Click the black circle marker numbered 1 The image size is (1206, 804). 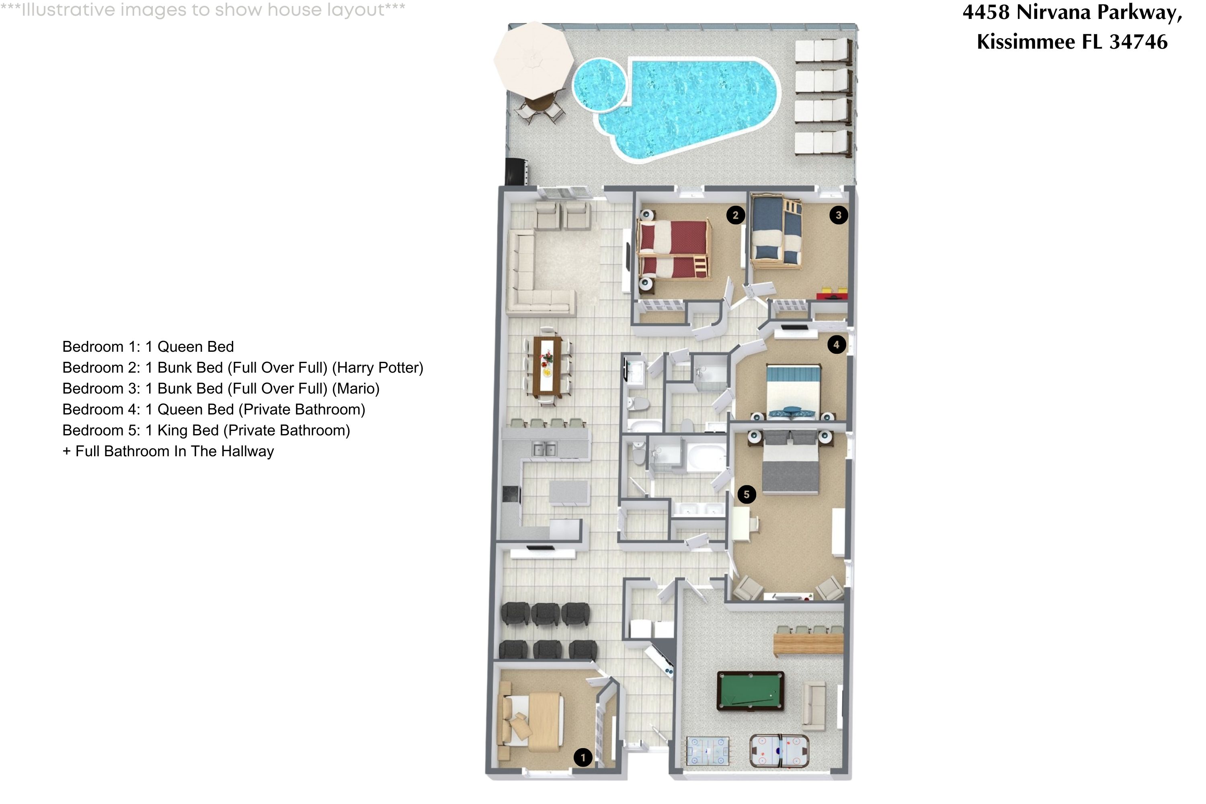pos(582,757)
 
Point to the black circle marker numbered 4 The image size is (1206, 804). pos(836,345)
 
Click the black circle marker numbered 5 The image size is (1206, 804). pos(747,494)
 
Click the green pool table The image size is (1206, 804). pos(750,691)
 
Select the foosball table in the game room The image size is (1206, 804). pos(708,751)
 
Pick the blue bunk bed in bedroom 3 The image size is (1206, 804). pos(776,232)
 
